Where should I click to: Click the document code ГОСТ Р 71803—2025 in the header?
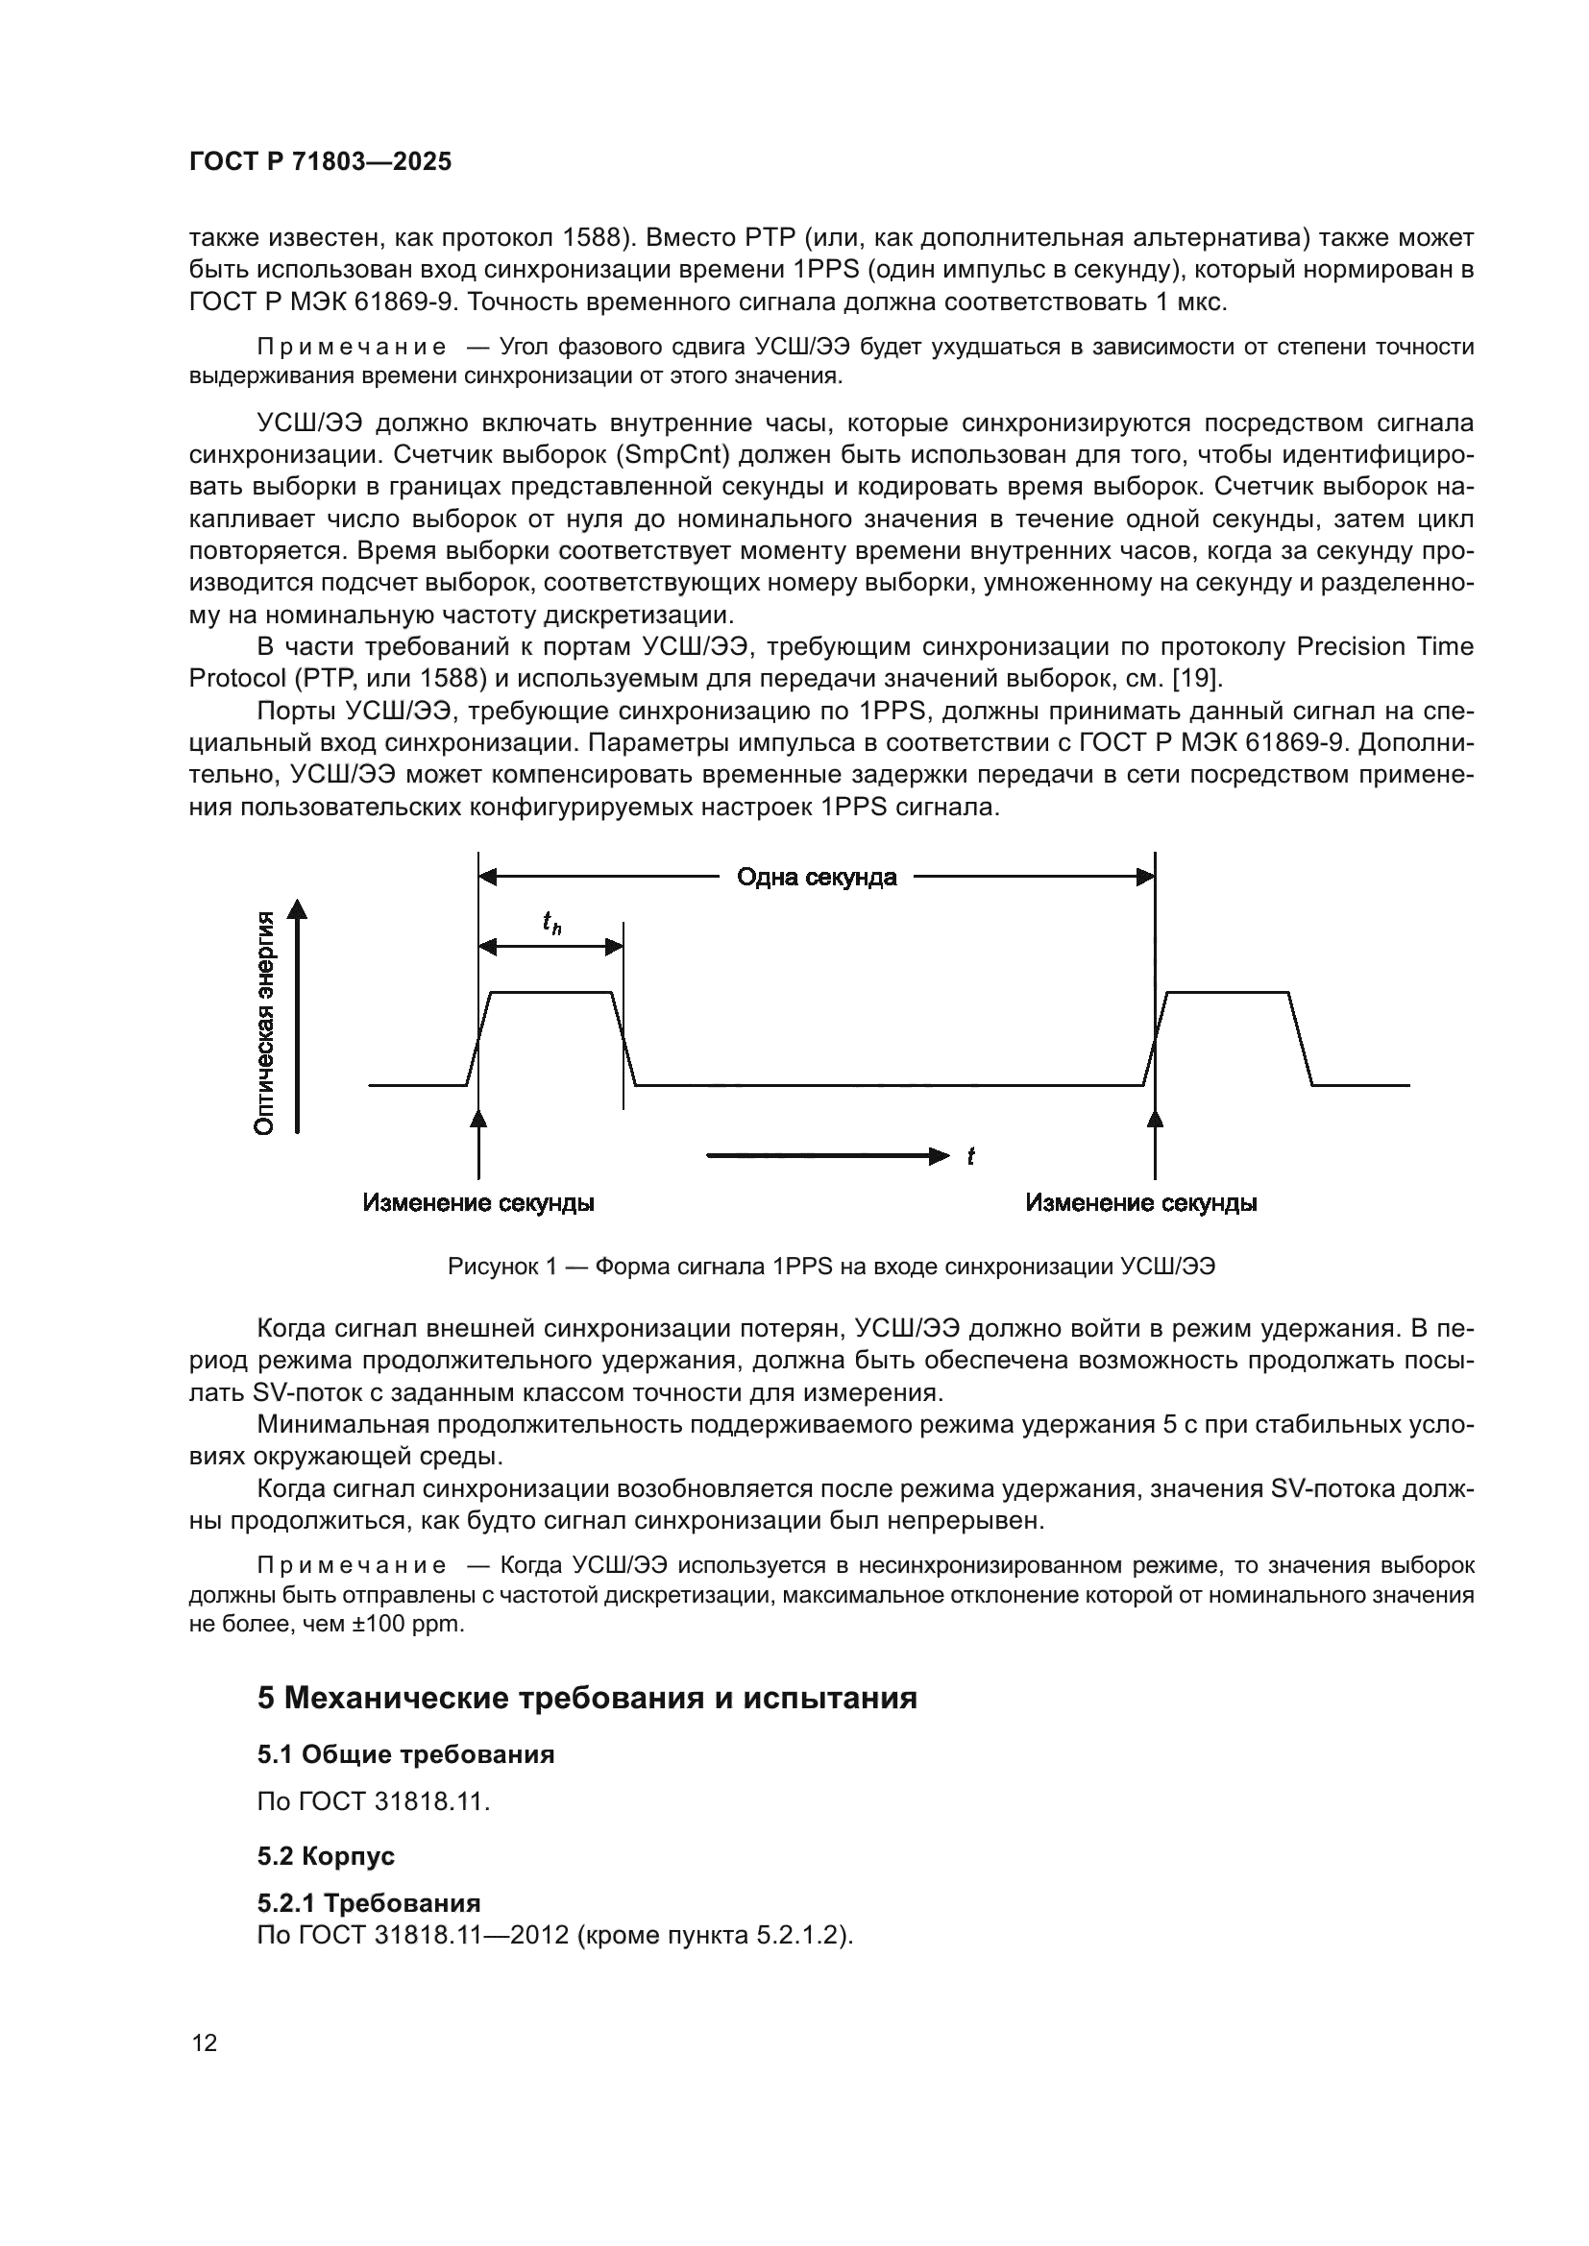(x=320, y=162)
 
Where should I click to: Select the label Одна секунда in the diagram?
(x=816, y=878)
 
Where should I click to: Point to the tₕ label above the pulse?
(x=551, y=923)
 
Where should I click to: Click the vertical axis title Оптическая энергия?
(x=263, y=1023)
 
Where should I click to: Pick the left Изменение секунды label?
(x=478, y=1203)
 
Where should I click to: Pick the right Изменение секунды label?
(x=1141, y=1203)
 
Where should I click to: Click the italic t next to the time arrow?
(x=970, y=1157)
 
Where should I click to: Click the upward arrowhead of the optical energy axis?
(x=297, y=909)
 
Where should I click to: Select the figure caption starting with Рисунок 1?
(x=831, y=1267)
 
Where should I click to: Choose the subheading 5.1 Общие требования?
(x=406, y=1755)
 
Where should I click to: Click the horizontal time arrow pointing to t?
(x=827, y=1157)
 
